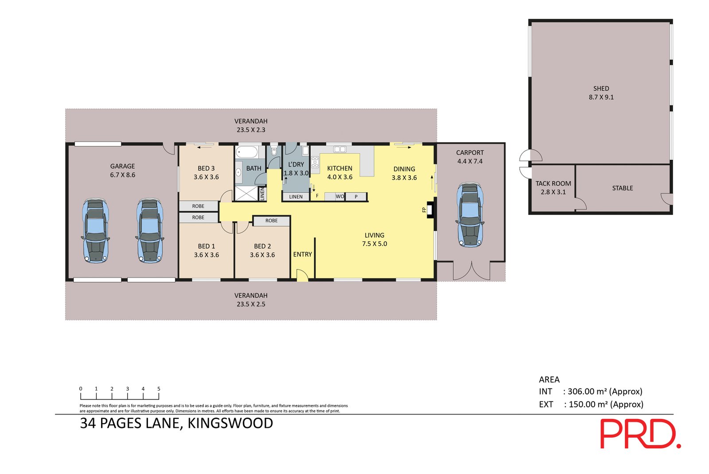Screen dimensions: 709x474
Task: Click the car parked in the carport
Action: point(470,214)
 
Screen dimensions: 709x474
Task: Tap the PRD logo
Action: point(640,434)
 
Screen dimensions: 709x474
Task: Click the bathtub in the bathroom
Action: point(247,152)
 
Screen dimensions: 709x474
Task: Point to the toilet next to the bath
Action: point(274,151)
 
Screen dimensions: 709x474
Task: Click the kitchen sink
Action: point(339,149)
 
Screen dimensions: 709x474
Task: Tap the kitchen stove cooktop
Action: point(315,162)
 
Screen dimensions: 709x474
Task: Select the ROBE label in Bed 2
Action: point(272,221)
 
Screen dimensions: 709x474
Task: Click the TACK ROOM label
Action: point(553,183)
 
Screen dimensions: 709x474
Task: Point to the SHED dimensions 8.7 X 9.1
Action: point(601,97)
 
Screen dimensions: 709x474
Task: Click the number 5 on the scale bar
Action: point(159,389)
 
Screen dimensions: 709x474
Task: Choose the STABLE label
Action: point(623,188)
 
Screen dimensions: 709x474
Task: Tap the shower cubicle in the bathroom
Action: point(246,194)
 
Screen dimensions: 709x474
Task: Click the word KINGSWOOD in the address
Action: point(230,423)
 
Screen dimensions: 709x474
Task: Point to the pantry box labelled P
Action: point(356,197)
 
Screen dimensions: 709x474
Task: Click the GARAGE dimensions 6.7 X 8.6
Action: point(122,175)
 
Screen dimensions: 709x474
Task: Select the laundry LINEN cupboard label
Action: point(296,197)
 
